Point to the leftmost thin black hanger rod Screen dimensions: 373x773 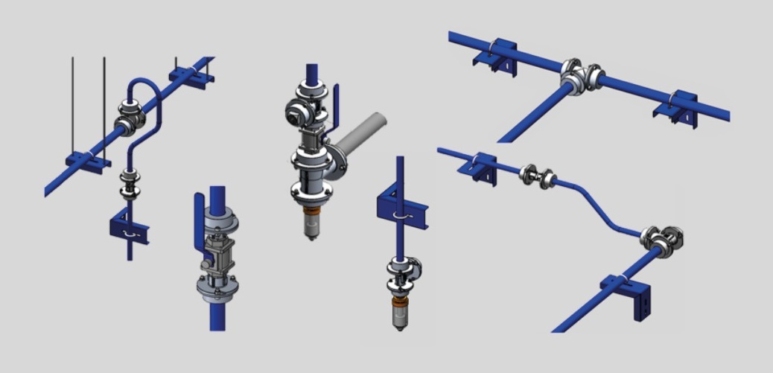72,104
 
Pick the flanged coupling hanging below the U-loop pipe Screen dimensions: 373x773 131,185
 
